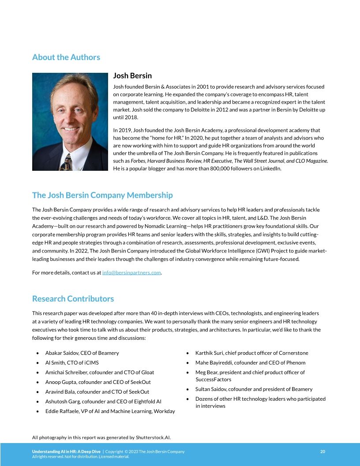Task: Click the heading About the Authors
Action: (66, 57)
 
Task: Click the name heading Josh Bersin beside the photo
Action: (132, 76)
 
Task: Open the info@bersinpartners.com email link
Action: (131, 273)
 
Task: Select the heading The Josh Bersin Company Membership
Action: (102, 195)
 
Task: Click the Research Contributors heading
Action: (73, 299)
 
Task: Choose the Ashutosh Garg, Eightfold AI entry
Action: (103, 402)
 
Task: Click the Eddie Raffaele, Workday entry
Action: (110, 411)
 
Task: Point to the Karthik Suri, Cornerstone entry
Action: (251, 353)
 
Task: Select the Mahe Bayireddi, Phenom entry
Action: (250, 363)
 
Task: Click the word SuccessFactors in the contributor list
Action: (213, 380)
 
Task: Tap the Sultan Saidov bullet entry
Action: (254, 389)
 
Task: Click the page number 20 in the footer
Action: (322, 451)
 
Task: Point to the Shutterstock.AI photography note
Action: (101, 438)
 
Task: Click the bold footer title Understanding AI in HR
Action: (67, 451)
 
